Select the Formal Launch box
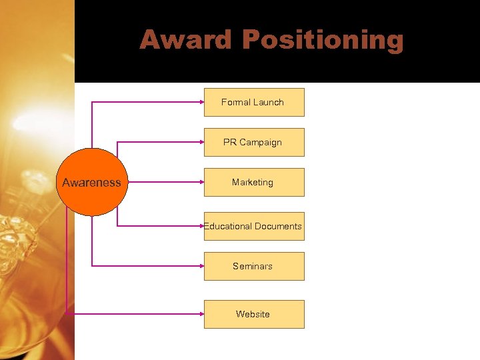coord(254,103)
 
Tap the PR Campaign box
coord(254,143)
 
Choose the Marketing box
coord(254,183)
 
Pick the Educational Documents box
coord(254,227)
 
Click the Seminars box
coord(254,267)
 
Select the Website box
coord(254,315)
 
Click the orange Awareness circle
coord(91,182)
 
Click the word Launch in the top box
coord(269,103)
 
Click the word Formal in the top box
coord(236,103)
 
